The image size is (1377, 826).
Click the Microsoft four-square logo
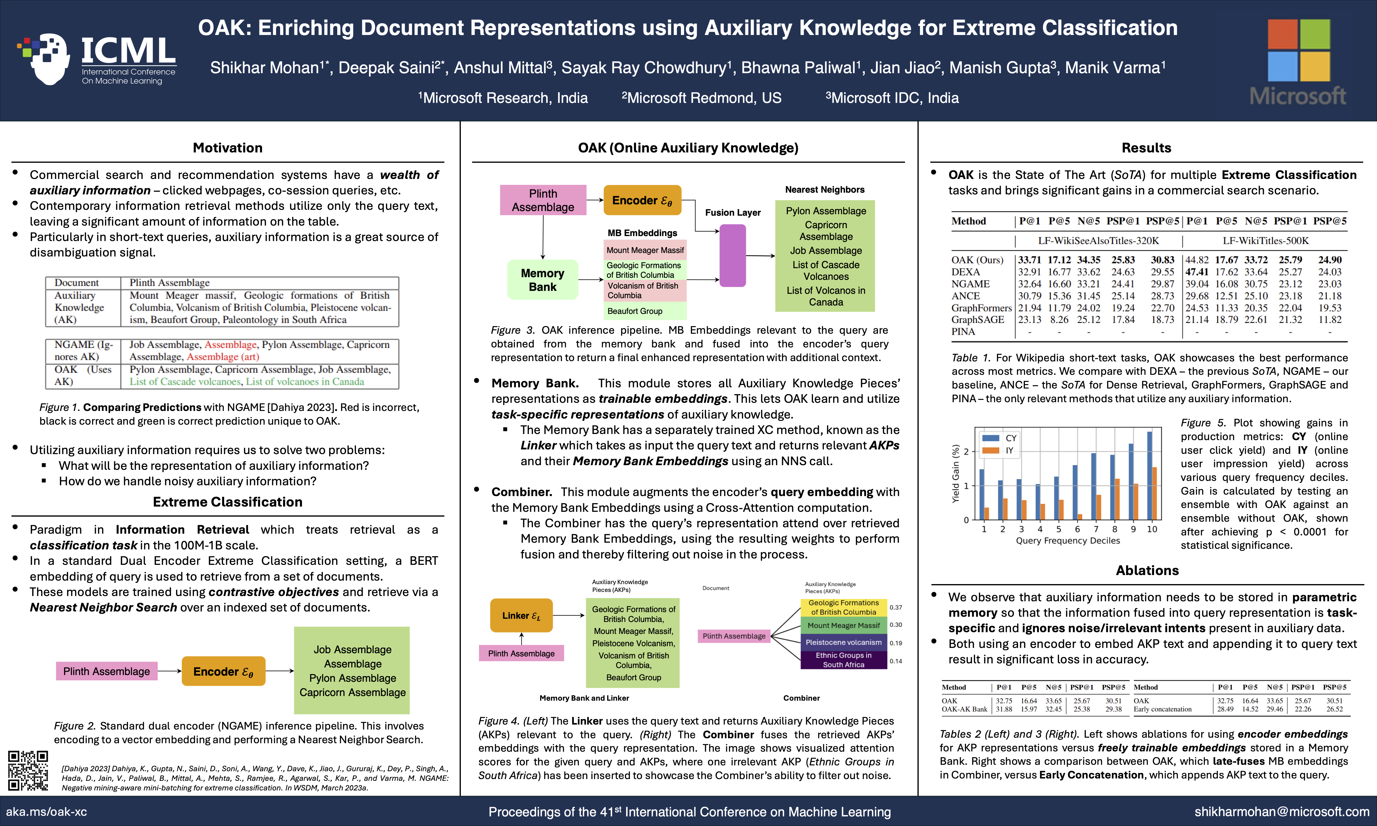point(1299,50)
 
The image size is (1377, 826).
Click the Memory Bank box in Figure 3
point(543,280)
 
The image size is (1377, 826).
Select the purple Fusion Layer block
point(733,256)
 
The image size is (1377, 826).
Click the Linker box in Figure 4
point(521,616)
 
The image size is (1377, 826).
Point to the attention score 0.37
point(895,607)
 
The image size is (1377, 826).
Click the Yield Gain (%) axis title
point(956,474)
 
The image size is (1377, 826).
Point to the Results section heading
point(1146,148)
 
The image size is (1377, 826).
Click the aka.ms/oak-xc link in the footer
point(47,811)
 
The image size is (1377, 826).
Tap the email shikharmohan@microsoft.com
point(1281,811)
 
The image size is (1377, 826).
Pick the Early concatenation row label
point(1163,709)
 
